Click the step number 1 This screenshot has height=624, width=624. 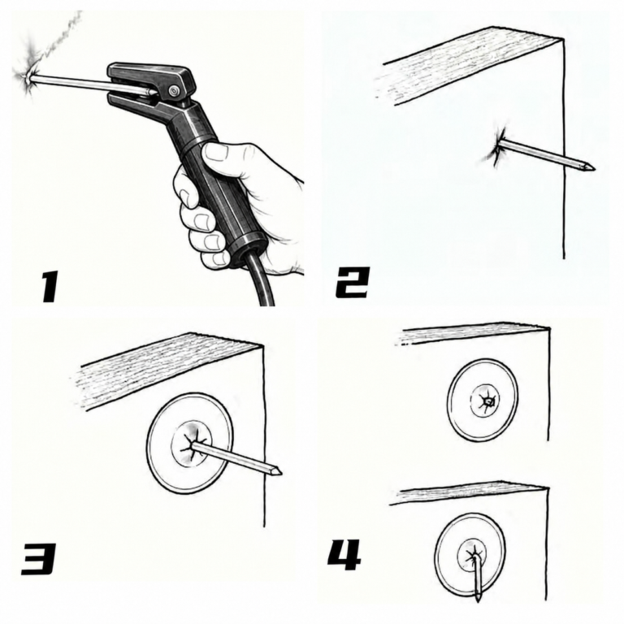tap(50, 286)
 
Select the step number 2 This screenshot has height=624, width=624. tap(353, 283)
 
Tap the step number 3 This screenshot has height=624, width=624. tap(38, 559)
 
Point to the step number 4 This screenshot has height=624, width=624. tap(344, 554)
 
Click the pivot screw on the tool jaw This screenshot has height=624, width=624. tap(174, 91)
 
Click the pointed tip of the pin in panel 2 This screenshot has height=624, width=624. tap(594, 167)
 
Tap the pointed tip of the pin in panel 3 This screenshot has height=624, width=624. tap(280, 473)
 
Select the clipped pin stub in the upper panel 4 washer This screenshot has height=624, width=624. tap(487, 402)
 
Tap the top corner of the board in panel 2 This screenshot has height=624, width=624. tap(563, 39)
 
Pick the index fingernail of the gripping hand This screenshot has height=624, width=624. tap(215, 153)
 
